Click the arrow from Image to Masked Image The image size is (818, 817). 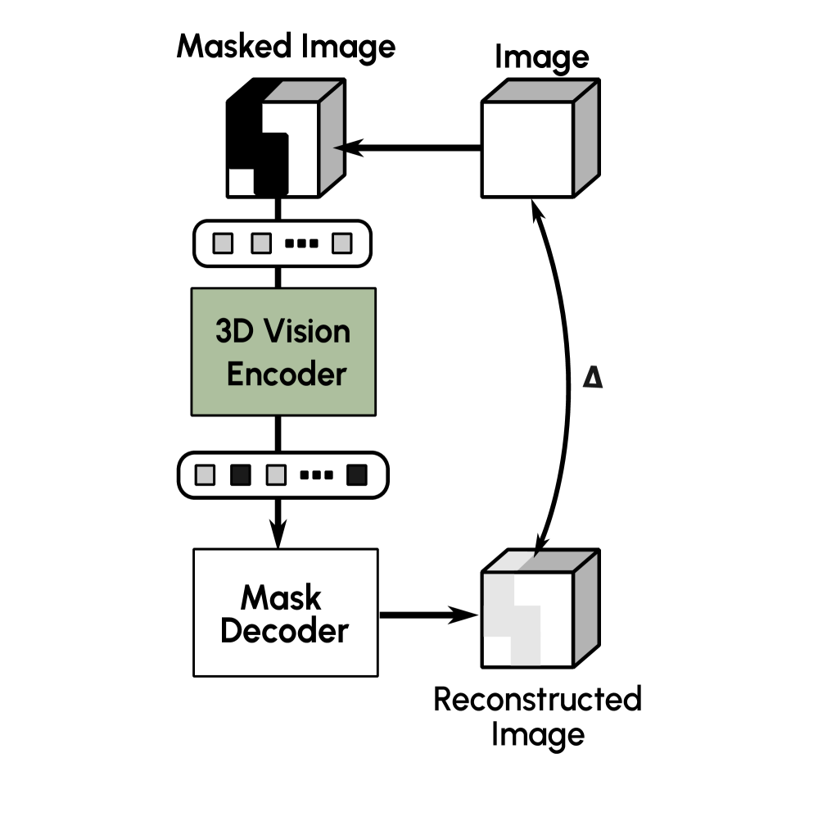[x=409, y=148]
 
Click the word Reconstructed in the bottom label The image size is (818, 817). [x=536, y=701]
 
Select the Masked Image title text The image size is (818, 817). [x=286, y=47]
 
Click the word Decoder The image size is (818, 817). [x=285, y=632]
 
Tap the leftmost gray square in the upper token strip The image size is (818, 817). [x=223, y=243]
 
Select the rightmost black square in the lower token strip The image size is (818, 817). [x=356, y=474]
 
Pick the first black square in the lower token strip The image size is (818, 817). [x=241, y=474]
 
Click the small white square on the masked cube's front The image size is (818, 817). [x=240, y=181]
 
